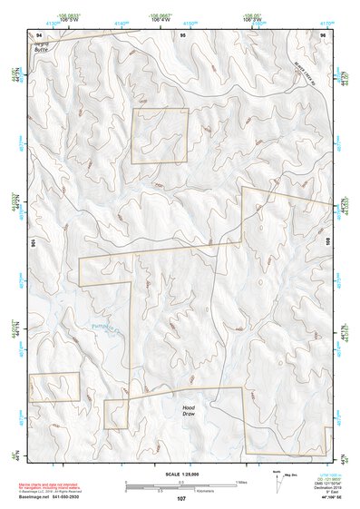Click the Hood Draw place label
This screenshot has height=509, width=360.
click(189, 410)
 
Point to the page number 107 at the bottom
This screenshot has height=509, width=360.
click(181, 498)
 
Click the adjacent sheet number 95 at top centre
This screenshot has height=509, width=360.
click(182, 34)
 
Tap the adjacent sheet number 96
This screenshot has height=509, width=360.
click(322, 34)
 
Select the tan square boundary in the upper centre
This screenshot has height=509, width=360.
click(160, 136)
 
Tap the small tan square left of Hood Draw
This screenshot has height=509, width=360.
click(115, 414)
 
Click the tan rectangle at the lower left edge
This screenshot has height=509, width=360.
click(54, 387)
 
